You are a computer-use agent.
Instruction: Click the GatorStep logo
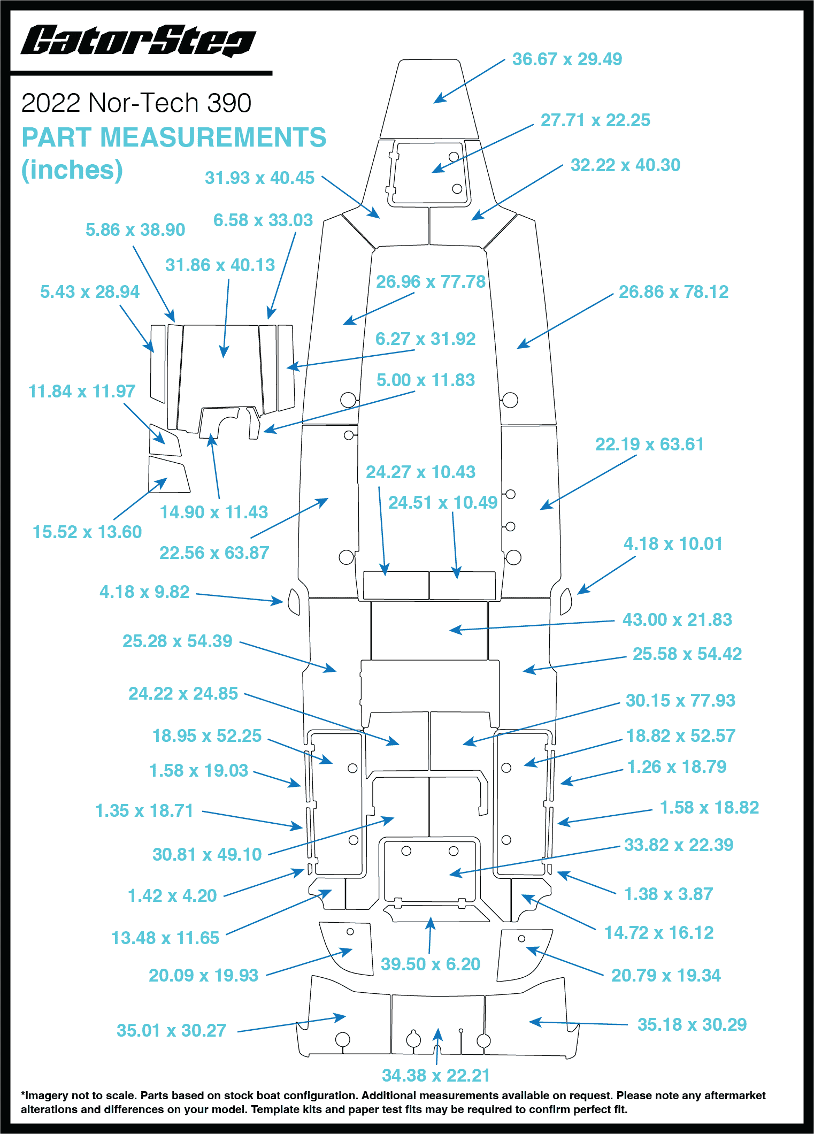tap(138, 41)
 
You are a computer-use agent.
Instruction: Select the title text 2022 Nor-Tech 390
tap(136, 103)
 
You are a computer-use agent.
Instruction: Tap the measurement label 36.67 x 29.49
tap(567, 59)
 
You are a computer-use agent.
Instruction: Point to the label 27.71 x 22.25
tap(595, 120)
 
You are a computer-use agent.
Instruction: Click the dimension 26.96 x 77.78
tap(431, 281)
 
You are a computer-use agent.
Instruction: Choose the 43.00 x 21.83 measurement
tap(677, 619)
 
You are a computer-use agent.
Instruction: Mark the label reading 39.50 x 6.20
tap(431, 964)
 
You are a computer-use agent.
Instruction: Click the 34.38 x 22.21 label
tap(436, 1075)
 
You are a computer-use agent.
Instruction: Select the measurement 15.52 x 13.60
tap(87, 532)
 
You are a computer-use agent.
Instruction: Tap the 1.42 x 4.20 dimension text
tap(172, 895)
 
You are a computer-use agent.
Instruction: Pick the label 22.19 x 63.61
tap(649, 444)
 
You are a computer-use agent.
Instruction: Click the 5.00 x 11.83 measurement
tap(426, 380)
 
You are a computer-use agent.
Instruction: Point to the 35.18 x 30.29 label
tap(692, 1024)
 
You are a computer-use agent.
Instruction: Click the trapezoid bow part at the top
tap(429, 99)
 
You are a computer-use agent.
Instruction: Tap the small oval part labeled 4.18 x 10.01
tap(565, 601)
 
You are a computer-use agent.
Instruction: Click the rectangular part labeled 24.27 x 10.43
tap(396, 585)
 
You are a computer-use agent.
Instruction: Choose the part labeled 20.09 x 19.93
tap(347, 948)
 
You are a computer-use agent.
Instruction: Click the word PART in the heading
tap(57, 137)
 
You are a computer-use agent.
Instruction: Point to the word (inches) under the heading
tap(72, 170)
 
